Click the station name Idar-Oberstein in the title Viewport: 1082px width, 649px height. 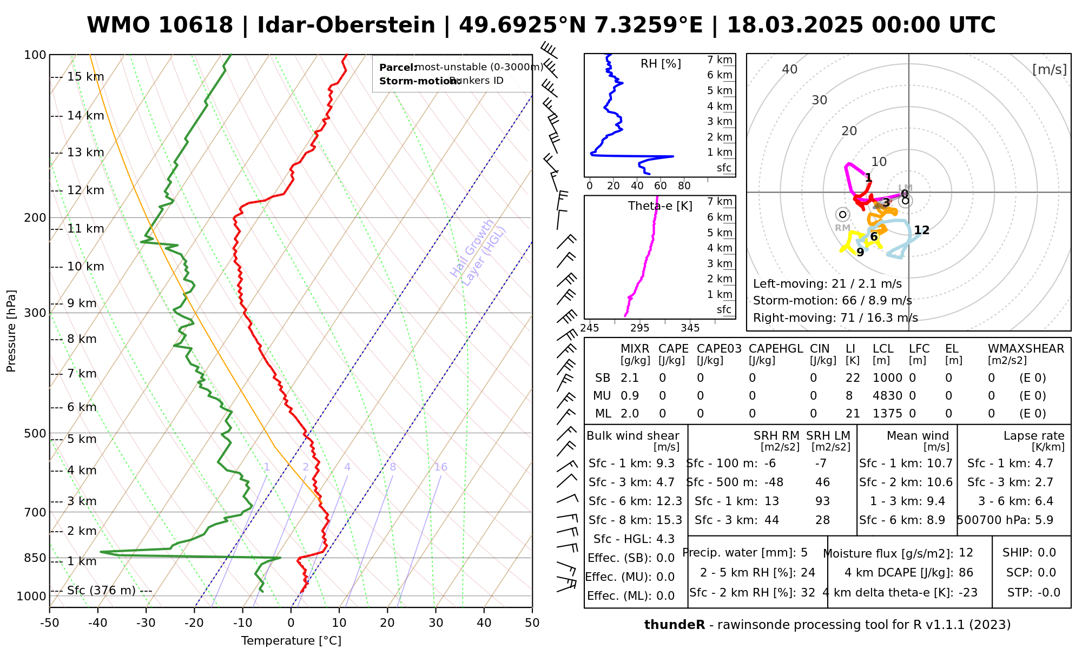(x=346, y=25)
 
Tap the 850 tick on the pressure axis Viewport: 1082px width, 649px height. (x=35, y=558)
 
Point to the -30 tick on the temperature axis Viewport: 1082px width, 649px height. (x=146, y=623)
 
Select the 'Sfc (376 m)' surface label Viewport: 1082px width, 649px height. (x=101, y=591)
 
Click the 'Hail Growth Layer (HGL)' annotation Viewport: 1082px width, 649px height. (x=478, y=253)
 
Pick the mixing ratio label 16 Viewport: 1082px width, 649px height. (x=440, y=467)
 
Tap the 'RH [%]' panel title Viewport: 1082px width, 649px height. (x=661, y=64)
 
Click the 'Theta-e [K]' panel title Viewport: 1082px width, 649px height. (x=660, y=206)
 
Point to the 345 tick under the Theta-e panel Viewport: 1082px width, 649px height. (x=690, y=328)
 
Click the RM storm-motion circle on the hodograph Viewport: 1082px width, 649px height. (x=842, y=215)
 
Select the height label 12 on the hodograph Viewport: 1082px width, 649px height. (x=921, y=230)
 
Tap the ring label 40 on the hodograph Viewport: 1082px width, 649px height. (x=790, y=69)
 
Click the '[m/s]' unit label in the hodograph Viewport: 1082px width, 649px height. (x=1049, y=70)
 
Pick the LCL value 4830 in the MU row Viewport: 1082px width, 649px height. (x=887, y=396)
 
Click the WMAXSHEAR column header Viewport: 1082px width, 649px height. (x=1026, y=349)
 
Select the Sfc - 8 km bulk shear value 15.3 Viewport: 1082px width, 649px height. (x=669, y=520)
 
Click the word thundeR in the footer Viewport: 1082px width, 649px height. (x=674, y=625)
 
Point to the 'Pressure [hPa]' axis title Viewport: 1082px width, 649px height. (x=11, y=331)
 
